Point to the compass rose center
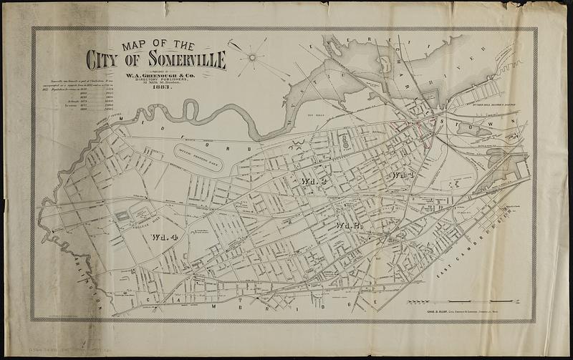253,56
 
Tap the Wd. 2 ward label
346,227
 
